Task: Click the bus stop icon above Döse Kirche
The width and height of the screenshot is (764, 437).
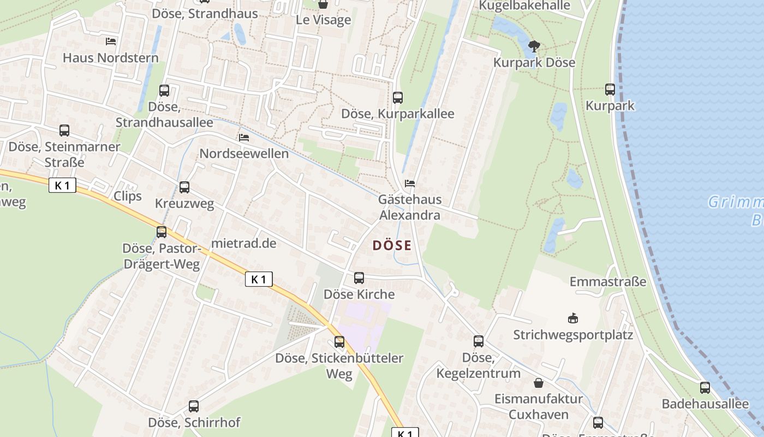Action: click(359, 278)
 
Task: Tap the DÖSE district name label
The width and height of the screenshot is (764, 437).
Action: click(392, 246)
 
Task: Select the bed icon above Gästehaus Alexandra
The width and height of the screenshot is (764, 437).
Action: click(410, 184)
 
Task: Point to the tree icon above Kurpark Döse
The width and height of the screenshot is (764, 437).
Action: click(534, 46)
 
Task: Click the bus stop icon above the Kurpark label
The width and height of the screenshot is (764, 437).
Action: click(610, 90)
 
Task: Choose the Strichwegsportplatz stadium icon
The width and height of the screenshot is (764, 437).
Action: click(573, 318)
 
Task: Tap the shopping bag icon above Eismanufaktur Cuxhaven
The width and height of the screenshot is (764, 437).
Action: click(539, 382)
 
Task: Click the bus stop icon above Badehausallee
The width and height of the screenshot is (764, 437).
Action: click(705, 388)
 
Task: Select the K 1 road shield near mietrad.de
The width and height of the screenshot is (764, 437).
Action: click(259, 280)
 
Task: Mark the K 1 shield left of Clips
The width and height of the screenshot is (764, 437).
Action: click(63, 186)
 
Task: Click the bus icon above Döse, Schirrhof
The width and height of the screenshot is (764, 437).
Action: click(194, 406)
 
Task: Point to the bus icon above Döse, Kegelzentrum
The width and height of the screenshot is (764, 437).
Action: click(479, 341)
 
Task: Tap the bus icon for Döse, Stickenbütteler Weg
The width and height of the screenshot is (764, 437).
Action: click(339, 342)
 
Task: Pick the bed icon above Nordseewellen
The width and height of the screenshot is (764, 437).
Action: click(244, 138)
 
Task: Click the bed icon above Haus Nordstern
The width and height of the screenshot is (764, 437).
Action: click(111, 42)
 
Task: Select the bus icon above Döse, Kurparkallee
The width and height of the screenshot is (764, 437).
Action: click(398, 98)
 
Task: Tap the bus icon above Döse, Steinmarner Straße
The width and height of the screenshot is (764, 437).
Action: click(64, 131)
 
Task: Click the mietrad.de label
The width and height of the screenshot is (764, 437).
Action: click(244, 243)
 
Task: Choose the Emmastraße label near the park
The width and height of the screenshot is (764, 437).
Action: click(608, 282)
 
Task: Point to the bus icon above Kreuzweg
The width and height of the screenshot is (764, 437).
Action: click(184, 187)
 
